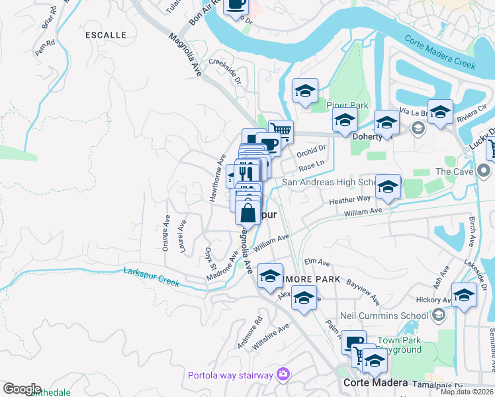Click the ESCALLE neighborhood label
[x=105, y=34]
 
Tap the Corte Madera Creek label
[x=440, y=52]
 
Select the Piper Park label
[x=346, y=105]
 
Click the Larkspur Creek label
[x=152, y=277]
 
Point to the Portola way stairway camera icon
[x=283, y=375]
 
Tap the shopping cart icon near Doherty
[x=281, y=132]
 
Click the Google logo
[x=22, y=388]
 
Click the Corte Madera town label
[x=373, y=383]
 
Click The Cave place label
[x=453, y=171]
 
